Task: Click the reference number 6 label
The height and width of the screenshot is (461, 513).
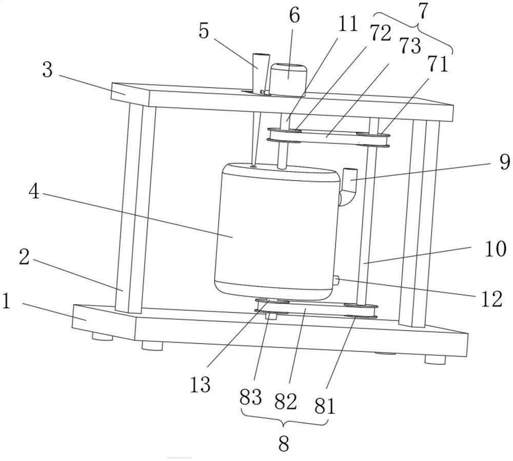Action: pyautogui.click(x=294, y=15)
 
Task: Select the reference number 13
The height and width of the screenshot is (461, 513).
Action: pyautogui.click(x=200, y=384)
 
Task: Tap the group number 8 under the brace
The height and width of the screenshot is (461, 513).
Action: pyautogui.click(x=284, y=444)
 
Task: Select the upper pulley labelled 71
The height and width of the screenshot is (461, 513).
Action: pyautogui.click(x=373, y=137)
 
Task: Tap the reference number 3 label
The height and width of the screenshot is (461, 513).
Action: pyautogui.click(x=48, y=70)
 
